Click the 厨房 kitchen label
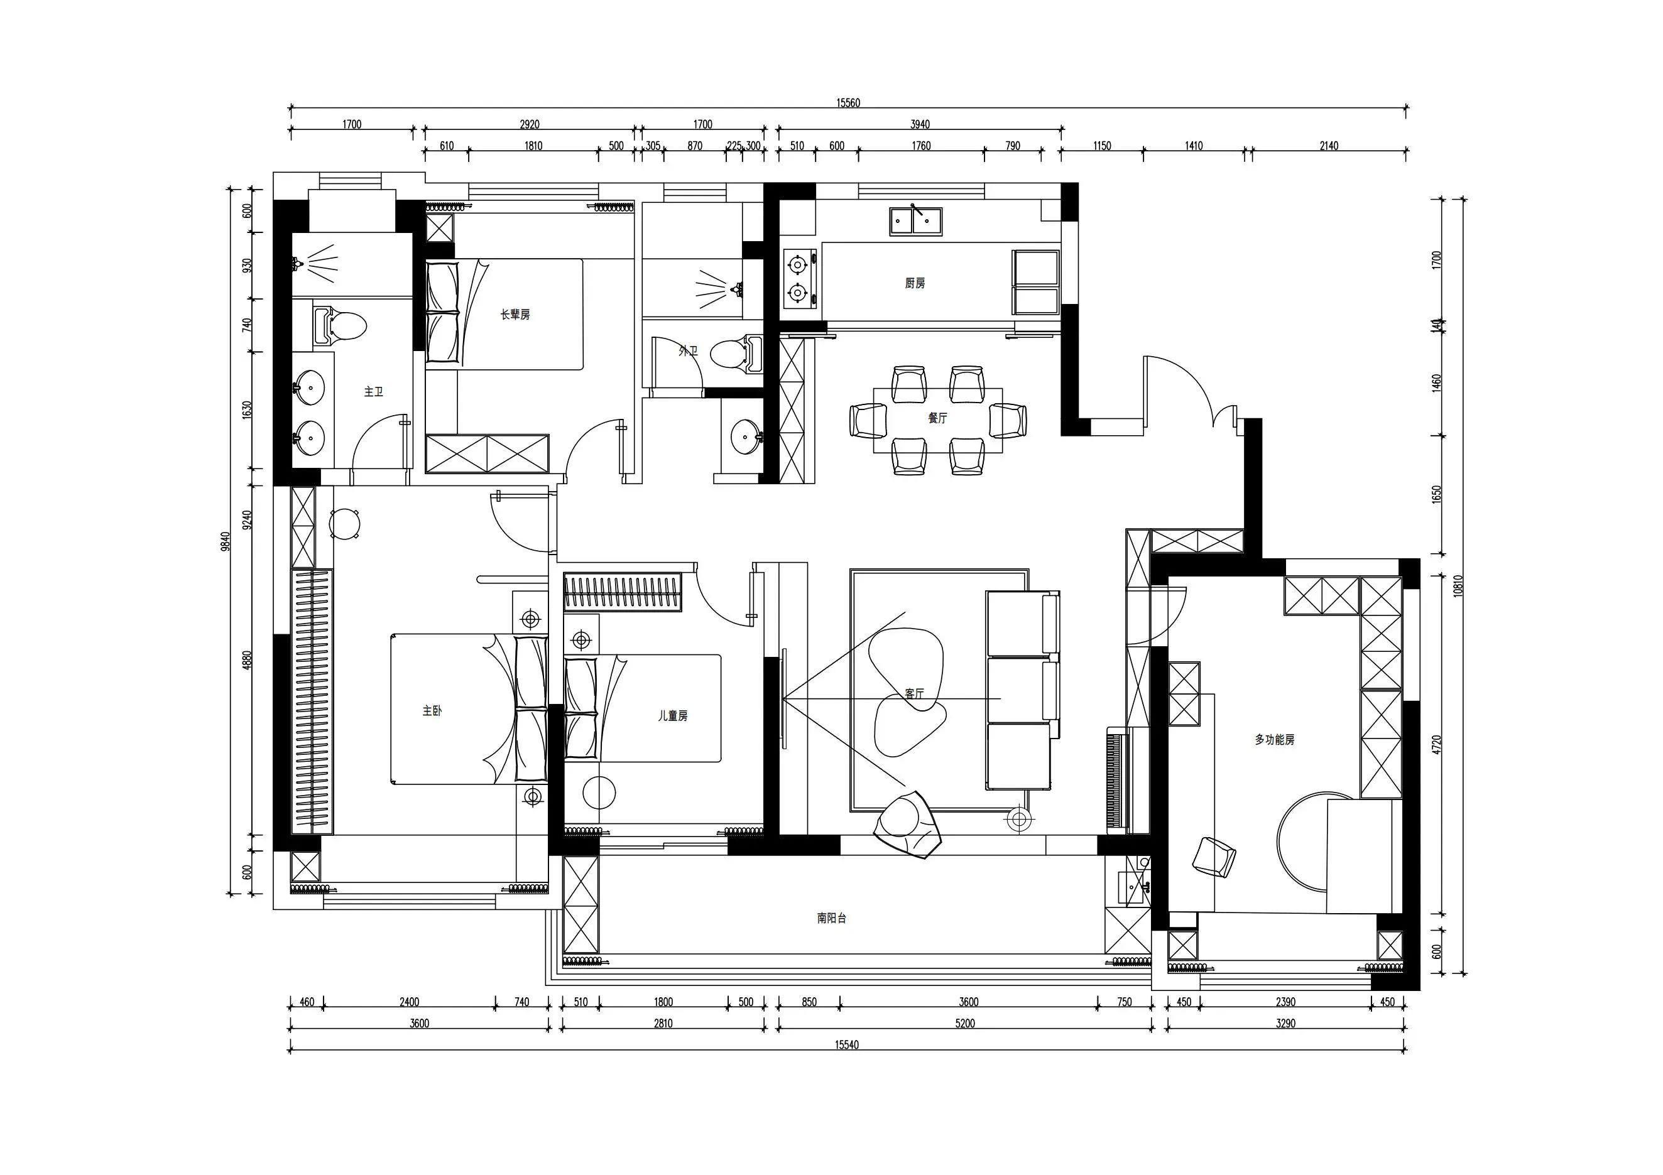(915, 284)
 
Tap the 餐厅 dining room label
(937, 418)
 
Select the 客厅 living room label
(914, 693)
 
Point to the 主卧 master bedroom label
(432, 711)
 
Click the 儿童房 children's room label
(672, 715)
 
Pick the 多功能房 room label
(1275, 740)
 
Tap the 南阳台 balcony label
(832, 918)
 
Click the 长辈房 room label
(515, 314)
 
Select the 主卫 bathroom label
(373, 392)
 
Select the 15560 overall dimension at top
(848, 103)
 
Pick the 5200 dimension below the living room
(965, 1024)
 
